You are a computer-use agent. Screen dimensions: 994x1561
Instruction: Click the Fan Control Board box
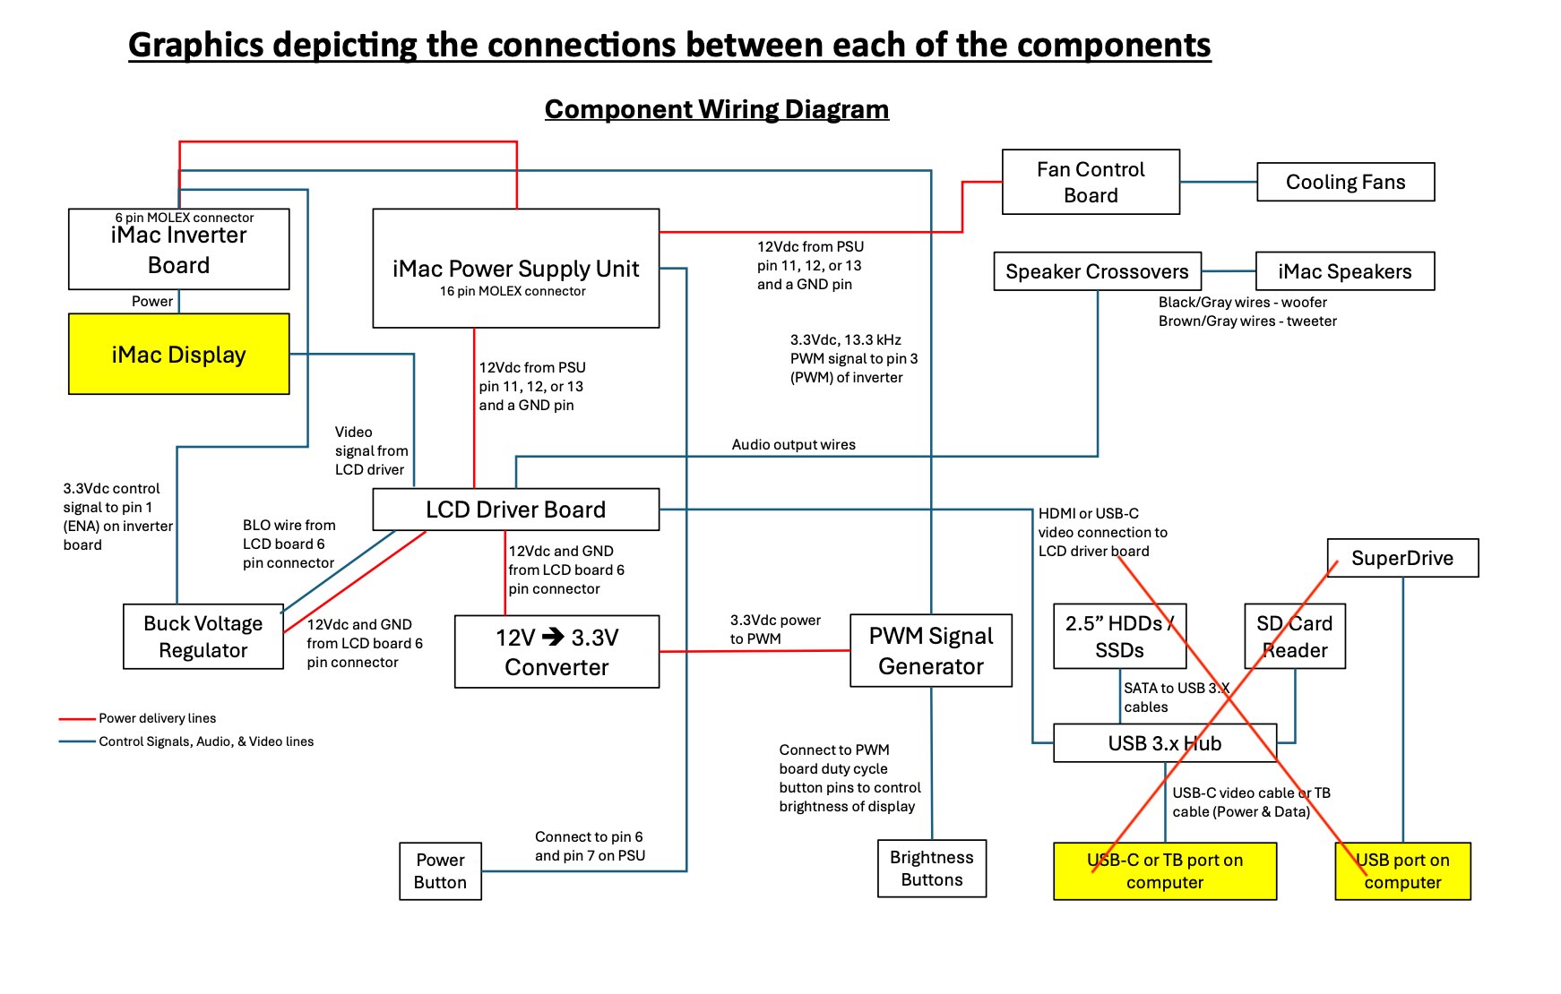1090,182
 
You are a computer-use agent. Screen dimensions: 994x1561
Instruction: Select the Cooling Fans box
1345,182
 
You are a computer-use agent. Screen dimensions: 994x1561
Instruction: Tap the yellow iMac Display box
178,355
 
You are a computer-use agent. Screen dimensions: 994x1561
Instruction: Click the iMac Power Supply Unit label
515,269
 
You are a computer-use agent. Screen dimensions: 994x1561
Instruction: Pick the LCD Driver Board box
515,510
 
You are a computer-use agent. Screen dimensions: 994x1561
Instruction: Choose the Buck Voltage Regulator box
203,637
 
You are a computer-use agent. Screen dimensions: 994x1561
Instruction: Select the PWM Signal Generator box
930,651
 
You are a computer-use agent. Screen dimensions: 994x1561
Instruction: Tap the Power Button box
440,871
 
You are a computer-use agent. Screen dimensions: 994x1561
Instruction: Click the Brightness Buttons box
931,869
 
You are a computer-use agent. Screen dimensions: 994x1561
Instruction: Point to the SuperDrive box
1401,558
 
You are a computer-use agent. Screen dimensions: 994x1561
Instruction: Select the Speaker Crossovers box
1097,271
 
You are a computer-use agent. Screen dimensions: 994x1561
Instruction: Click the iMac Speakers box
1344,271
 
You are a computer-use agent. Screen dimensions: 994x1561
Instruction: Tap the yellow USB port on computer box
1402,871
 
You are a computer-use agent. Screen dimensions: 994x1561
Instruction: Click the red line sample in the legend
77,718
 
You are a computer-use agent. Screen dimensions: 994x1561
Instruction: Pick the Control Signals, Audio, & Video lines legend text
206,741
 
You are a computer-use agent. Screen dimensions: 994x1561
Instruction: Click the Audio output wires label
793,444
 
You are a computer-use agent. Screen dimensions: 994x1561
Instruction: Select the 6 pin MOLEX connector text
184,218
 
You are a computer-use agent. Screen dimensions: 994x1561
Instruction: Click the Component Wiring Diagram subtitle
716,109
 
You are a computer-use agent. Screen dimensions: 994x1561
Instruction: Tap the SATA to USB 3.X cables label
1174,698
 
